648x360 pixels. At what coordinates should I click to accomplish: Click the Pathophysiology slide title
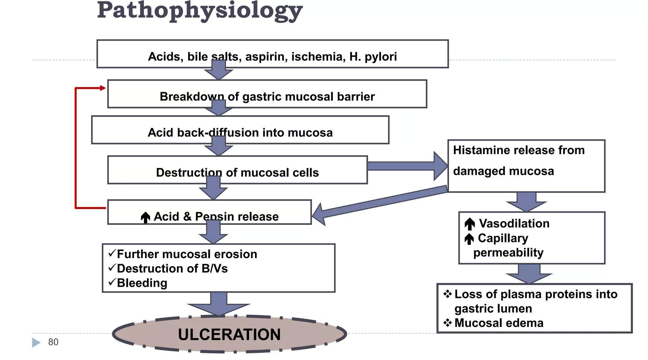pos(200,11)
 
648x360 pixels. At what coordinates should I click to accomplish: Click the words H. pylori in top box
pos(373,57)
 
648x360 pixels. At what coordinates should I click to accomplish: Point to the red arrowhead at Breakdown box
pos(103,88)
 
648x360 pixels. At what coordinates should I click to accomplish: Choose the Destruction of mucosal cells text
pos(237,172)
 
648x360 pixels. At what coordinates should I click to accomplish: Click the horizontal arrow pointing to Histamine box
pos(408,166)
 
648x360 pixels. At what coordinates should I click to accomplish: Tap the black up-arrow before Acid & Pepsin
pos(145,217)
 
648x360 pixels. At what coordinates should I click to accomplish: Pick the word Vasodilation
pos(514,223)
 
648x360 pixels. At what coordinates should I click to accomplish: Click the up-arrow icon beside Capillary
pos(469,239)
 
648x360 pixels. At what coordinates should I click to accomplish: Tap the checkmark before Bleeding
pos(112,282)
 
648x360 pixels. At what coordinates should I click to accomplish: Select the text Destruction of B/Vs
pos(172,268)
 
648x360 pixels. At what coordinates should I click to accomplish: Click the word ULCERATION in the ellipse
pos(229,334)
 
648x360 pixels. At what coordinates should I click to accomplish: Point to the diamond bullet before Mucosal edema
pos(447,323)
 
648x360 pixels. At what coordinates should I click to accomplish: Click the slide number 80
pos(53,342)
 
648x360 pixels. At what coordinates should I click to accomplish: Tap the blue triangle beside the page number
pos(36,342)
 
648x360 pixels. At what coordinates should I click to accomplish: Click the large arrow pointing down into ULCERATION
pos(219,304)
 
